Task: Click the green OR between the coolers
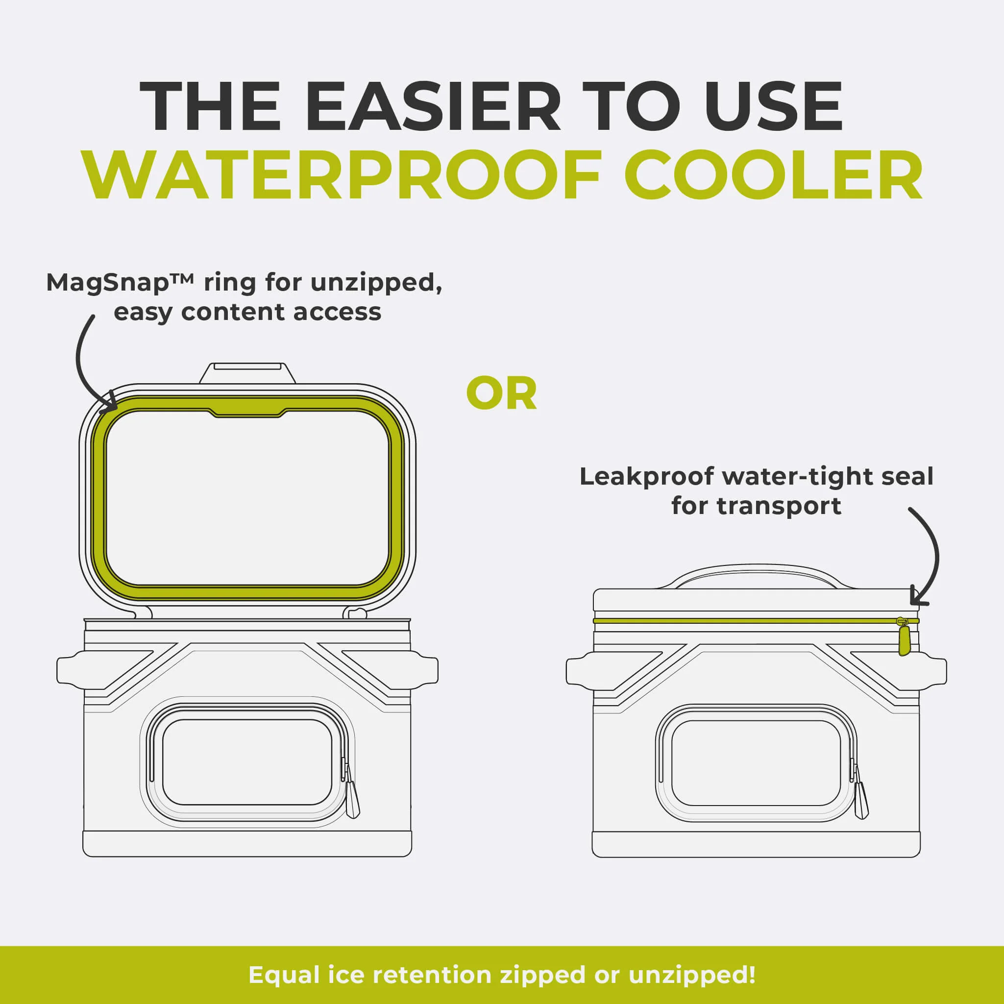point(501,394)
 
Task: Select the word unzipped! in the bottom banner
point(692,975)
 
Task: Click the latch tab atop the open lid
point(248,372)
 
